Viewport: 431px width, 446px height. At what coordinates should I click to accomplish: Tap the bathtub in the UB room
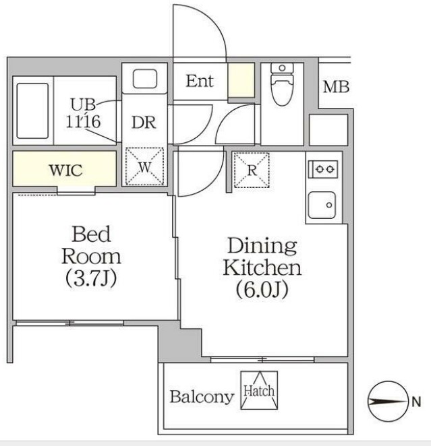pyautogui.click(x=32, y=110)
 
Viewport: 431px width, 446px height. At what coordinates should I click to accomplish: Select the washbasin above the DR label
pyautogui.click(x=145, y=78)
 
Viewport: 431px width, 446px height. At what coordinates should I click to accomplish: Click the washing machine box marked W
pyautogui.click(x=144, y=166)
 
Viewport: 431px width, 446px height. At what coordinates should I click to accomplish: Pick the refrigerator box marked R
pyautogui.click(x=252, y=170)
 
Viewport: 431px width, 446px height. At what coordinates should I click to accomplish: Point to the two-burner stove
pyautogui.click(x=323, y=169)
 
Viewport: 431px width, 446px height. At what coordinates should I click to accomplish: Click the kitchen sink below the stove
pyautogui.click(x=322, y=205)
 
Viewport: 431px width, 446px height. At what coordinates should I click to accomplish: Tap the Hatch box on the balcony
pyautogui.click(x=259, y=390)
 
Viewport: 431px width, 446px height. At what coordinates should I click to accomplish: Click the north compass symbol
pyautogui.click(x=388, y=402)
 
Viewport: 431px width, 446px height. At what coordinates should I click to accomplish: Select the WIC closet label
pyautogui.click(x=66, y=170)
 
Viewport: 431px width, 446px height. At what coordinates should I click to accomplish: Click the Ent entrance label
pyautogui.click(x=200, y=81)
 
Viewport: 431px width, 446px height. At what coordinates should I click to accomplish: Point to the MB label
pyautogui.click(x=336, y=87)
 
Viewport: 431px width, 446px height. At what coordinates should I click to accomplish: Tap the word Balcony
pyautogui.click(x=202, y=397)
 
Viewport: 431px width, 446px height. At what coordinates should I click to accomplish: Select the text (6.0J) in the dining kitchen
pyautogui.click(x=262, y=290)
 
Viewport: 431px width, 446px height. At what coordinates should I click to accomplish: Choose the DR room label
pyautogui.click(x=144, y=123)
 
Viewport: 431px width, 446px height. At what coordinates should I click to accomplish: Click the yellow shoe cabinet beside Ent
pyautogui.click(x=241, y=80)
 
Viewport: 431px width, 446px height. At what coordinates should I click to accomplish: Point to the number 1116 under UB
pyautogui.click(x=83, y=122)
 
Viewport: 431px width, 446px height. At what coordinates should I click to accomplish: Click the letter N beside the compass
pyautogui.click(x=416, y=402)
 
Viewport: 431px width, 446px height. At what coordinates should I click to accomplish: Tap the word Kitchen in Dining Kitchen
pyautogui.click(x=262, y=267)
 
